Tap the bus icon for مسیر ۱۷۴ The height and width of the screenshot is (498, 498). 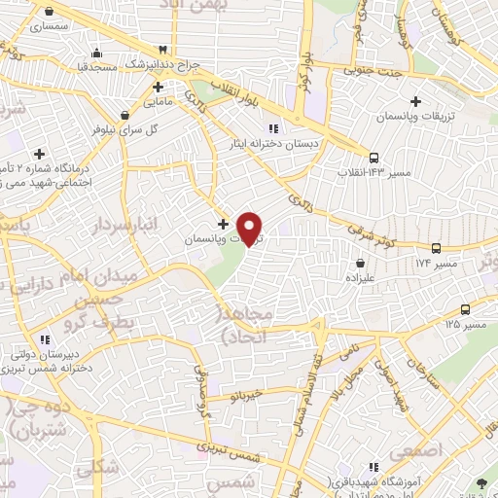click(x=436, y=249)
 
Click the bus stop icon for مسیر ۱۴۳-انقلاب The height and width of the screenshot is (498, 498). click(x=374, y=157)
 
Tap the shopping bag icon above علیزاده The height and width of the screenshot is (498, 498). click(x=361, y=262)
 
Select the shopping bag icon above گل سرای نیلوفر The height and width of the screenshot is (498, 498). click(x=124, y=114)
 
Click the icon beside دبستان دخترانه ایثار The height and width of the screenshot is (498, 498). click(x=273, y=127)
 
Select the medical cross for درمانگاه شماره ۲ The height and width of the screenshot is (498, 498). click(x=39, y=154)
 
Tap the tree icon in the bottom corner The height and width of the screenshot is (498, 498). click(x=482, y=483)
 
